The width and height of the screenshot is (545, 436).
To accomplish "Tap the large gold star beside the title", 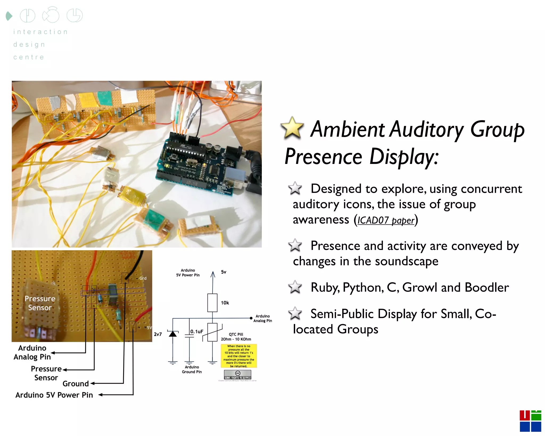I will coord(292,128).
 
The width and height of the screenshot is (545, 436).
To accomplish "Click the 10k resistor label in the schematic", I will coord(225,303).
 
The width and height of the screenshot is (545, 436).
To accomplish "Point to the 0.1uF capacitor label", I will coord(197,331).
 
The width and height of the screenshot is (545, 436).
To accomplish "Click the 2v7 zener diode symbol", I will coord(173,334).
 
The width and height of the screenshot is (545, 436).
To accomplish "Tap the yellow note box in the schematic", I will coord(239,356).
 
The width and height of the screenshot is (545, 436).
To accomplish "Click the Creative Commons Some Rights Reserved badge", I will coord(237,375).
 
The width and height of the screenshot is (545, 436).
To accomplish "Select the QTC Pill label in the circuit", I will coord(236,334).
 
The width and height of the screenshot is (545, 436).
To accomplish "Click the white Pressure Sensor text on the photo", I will coord(40,303).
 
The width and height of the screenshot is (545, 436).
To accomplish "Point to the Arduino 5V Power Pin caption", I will coord(54,395).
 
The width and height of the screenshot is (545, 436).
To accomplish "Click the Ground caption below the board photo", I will coord(76,384).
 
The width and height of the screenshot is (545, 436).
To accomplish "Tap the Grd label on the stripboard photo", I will coord(143,278).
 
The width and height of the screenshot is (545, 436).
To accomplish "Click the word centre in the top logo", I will coord(29,57).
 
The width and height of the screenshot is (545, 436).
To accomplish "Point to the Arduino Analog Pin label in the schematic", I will coord(262,318).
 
